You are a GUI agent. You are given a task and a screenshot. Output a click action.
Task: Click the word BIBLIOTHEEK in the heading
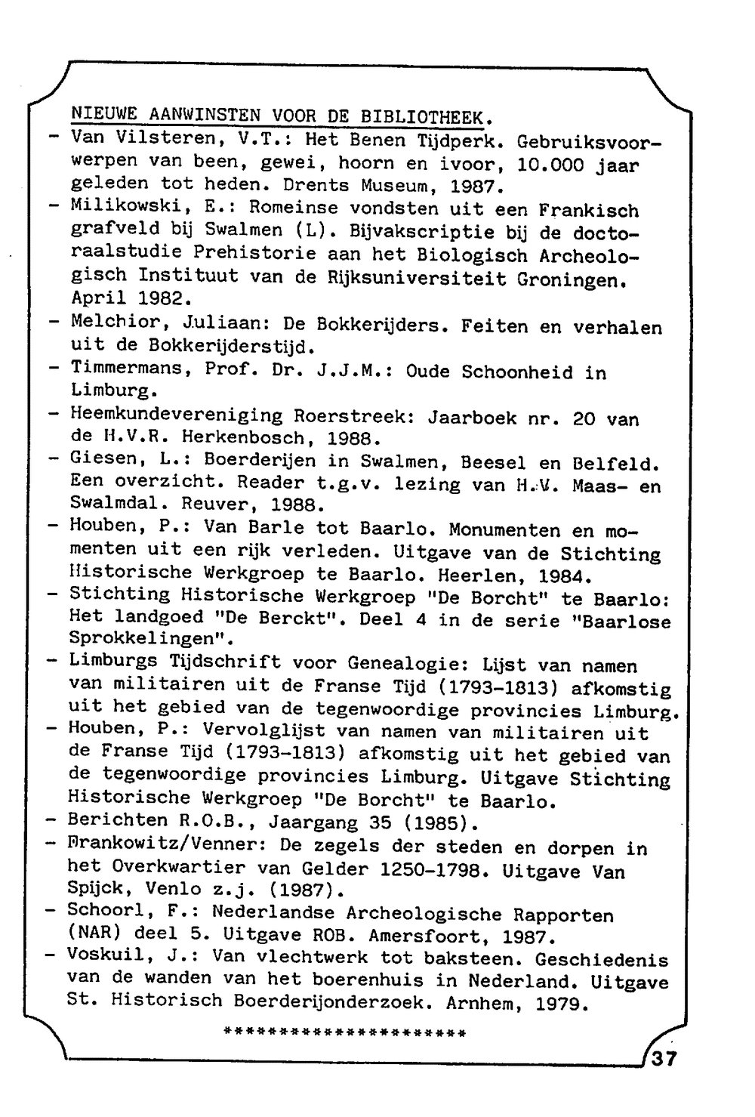(426, 117)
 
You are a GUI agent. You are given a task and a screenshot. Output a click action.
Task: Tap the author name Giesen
(103, 458)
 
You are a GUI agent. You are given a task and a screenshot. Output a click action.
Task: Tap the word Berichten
(117, 819)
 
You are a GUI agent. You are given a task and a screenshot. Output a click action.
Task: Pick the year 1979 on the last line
(562, 1004)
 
